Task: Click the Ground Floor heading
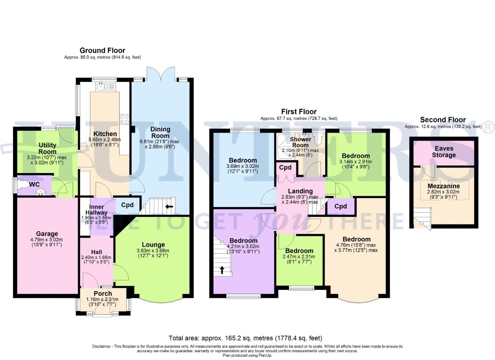[x=102, y=51]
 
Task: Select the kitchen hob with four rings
[x=124, y=119]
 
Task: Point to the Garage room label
[x=47, y=234]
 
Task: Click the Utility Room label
[x=47, y=148]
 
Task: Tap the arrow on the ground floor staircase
[x=169, y=207]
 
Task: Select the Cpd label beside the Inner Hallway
[x=127, y=205]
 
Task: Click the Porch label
[x=103, y=294]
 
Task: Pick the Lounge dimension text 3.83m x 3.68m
[x=153, y=251]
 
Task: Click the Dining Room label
[x=160, y=132]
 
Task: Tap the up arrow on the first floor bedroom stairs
[x=222, y=269]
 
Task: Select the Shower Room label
[x=300, y=142]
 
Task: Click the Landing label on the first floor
[x=300, y=191]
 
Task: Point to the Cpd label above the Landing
[x=285, y=168]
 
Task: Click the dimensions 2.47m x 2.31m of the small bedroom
[x=298, y=257]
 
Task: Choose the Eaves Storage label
[x=444, y=152]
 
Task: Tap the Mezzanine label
[x=443, y=186]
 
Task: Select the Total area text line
[x=245, y=338]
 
